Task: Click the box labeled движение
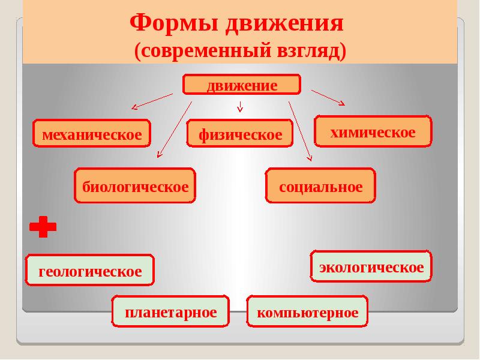241,85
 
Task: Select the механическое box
92,134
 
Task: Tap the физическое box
240,134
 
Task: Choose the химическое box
373,131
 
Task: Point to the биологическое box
136,186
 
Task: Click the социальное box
320,186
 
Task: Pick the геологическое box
90,271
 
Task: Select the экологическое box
371,266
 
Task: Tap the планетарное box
171,312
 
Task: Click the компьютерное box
307,312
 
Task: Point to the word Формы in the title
173,24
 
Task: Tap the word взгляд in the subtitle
310,51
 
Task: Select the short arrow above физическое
240,107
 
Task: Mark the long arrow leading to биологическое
175,129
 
